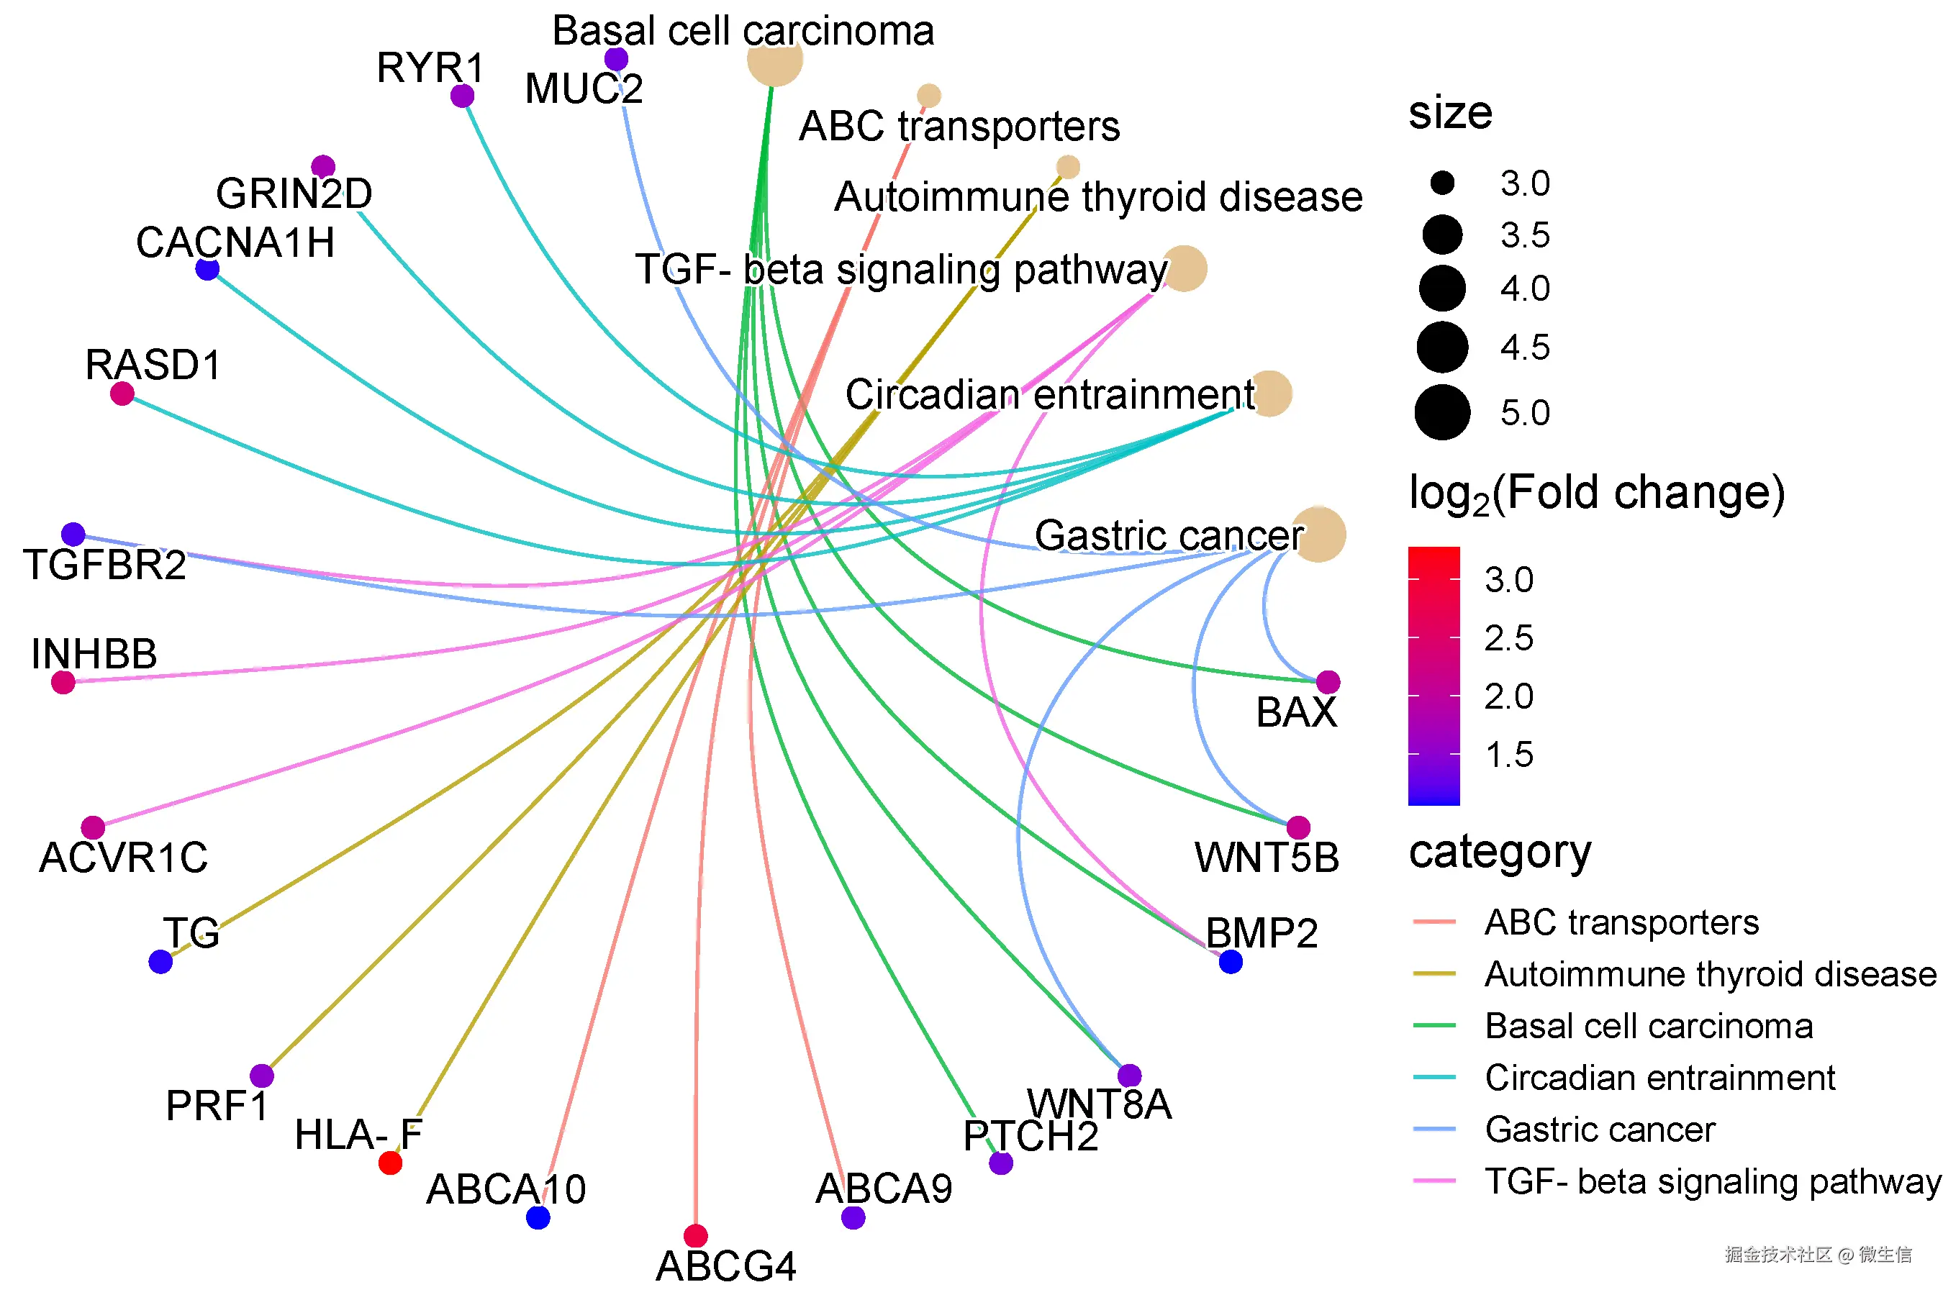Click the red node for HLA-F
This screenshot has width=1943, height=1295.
(x=390, y=1163)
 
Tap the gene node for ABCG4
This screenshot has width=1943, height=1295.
(x=696, y=1235)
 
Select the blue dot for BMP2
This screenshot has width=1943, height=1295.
(x=1231, y=961)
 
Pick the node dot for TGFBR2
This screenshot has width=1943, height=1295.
(x=73, y=535)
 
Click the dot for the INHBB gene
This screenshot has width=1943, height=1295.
(x=63, y=682)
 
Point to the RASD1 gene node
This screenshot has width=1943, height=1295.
(x=122, y=393)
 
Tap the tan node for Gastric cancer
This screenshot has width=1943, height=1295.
(x=1318, y=535)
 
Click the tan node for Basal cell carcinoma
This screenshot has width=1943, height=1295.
(x=775, y=59)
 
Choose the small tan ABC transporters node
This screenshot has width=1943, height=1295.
(x=928, y=96)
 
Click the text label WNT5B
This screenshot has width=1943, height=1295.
(x=1267, y=858)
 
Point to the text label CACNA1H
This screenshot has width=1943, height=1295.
(x=235, y=243)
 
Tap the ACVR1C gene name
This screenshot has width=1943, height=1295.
(x=124, y=858)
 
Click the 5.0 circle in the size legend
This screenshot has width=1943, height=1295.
(x=1442, y=412)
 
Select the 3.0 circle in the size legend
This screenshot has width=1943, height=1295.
(x=1442, y=183)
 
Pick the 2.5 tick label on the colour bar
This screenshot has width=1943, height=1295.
(x=1508, y=637)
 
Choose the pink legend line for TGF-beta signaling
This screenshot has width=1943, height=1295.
(x=1434, y=1181)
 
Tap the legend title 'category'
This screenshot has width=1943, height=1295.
(x=1500, y=853)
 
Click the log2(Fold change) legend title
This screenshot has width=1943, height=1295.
(x=1597, y=494)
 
